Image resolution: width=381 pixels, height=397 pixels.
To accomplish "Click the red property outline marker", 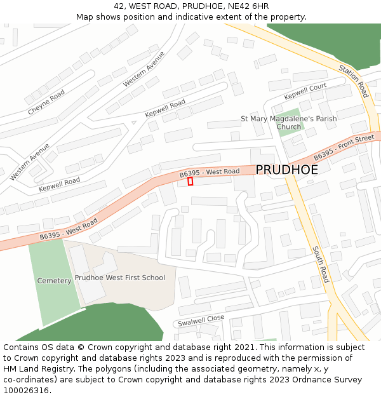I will pyautogui.click(x=190, y=182).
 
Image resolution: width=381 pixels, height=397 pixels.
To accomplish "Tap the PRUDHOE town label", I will pyautogui.click(x=286, y=170).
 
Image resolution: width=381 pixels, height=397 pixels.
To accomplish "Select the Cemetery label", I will pyautogui.click(x=54, y=281).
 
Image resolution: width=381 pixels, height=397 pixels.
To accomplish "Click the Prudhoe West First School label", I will pyautogui.click(x=120, y=278).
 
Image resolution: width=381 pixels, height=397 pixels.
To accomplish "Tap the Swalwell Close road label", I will pyautogui.click(x=201, y=319).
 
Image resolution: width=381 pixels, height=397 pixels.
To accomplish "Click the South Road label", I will pyautogui.click(x=321, y=264).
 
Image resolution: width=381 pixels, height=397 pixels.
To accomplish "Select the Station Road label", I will pyautogui.click(x=354, y=81).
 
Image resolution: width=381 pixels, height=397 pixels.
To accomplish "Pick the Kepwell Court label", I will pyautogui.click(x=305, y=91).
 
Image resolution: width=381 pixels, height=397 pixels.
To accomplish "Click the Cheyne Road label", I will pyautogui.click(x=46, y=102).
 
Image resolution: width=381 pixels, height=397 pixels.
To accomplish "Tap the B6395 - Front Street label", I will pyautogui.click(x=344, y=147).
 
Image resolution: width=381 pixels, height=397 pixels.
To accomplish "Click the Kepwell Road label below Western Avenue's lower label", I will pyautogui.click(x=59, y=185).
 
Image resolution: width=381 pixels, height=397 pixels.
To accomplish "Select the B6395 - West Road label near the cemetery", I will pyautogui.click(x=69, y=229).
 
